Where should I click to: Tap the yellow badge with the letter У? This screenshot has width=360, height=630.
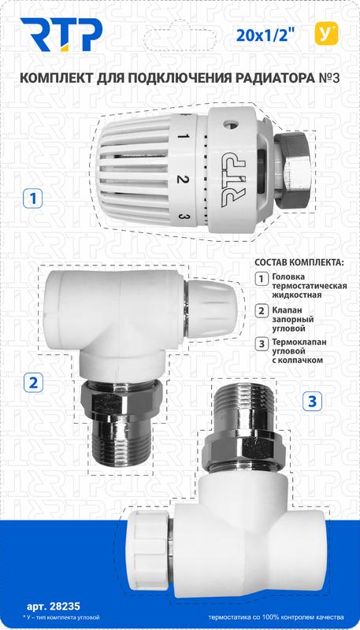(323, 33)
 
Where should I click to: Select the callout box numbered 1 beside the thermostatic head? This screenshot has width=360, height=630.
(31, 198)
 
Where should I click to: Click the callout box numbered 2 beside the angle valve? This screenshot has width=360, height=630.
(34, 384)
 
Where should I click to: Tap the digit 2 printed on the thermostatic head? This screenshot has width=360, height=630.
(182, 180)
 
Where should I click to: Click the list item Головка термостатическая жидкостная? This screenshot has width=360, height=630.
(303, 285)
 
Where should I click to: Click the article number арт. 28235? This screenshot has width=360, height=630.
(50, 606)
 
